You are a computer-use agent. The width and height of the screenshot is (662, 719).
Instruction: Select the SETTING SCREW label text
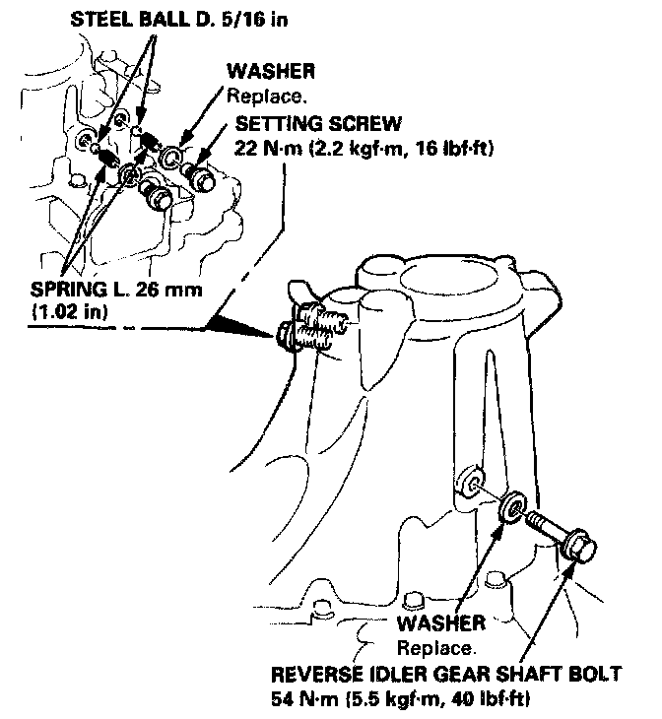[317, 124]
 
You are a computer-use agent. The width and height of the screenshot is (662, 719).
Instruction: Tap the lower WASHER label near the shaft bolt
[440, 623]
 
